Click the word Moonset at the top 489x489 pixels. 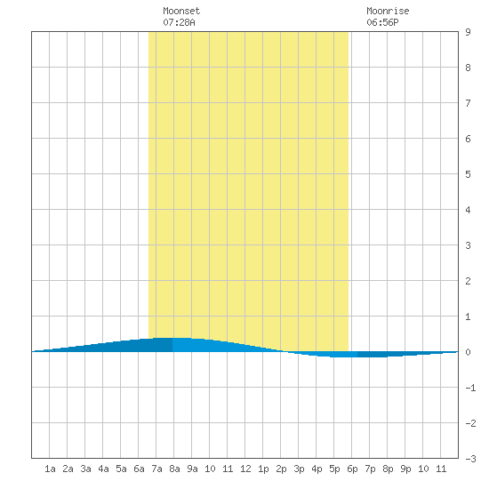click(x=181, y=12)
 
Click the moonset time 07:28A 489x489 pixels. click(x=179, y=22)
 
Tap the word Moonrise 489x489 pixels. click(x=388, y=12)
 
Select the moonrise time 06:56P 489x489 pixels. click(x=382, y=22)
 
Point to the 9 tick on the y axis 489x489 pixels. click(x=468, y=32)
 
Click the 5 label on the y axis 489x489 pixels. click(x=468, y=174)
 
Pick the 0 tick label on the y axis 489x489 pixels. click(x=468, y=352)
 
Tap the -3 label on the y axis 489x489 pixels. click(x=470, y=459)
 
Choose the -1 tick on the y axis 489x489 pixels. click(x=470, y=388)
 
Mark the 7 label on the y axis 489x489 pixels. click(x=468, y=103)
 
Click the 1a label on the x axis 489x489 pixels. click(x=50, y=469)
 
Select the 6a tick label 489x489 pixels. click(x=139, y=469)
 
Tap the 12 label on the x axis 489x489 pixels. click(x=245, y=469)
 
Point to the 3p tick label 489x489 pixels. click(x=299, y=469)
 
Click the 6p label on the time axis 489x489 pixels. click(x=352, y=469)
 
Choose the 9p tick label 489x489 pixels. click(x=405, y=469)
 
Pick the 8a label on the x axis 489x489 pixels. click(x=174, y=469)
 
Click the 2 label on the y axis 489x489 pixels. click(x=468, y=281)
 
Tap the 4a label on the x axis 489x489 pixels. click(x=103, y=469)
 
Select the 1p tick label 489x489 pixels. click(x=263, y=469)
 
